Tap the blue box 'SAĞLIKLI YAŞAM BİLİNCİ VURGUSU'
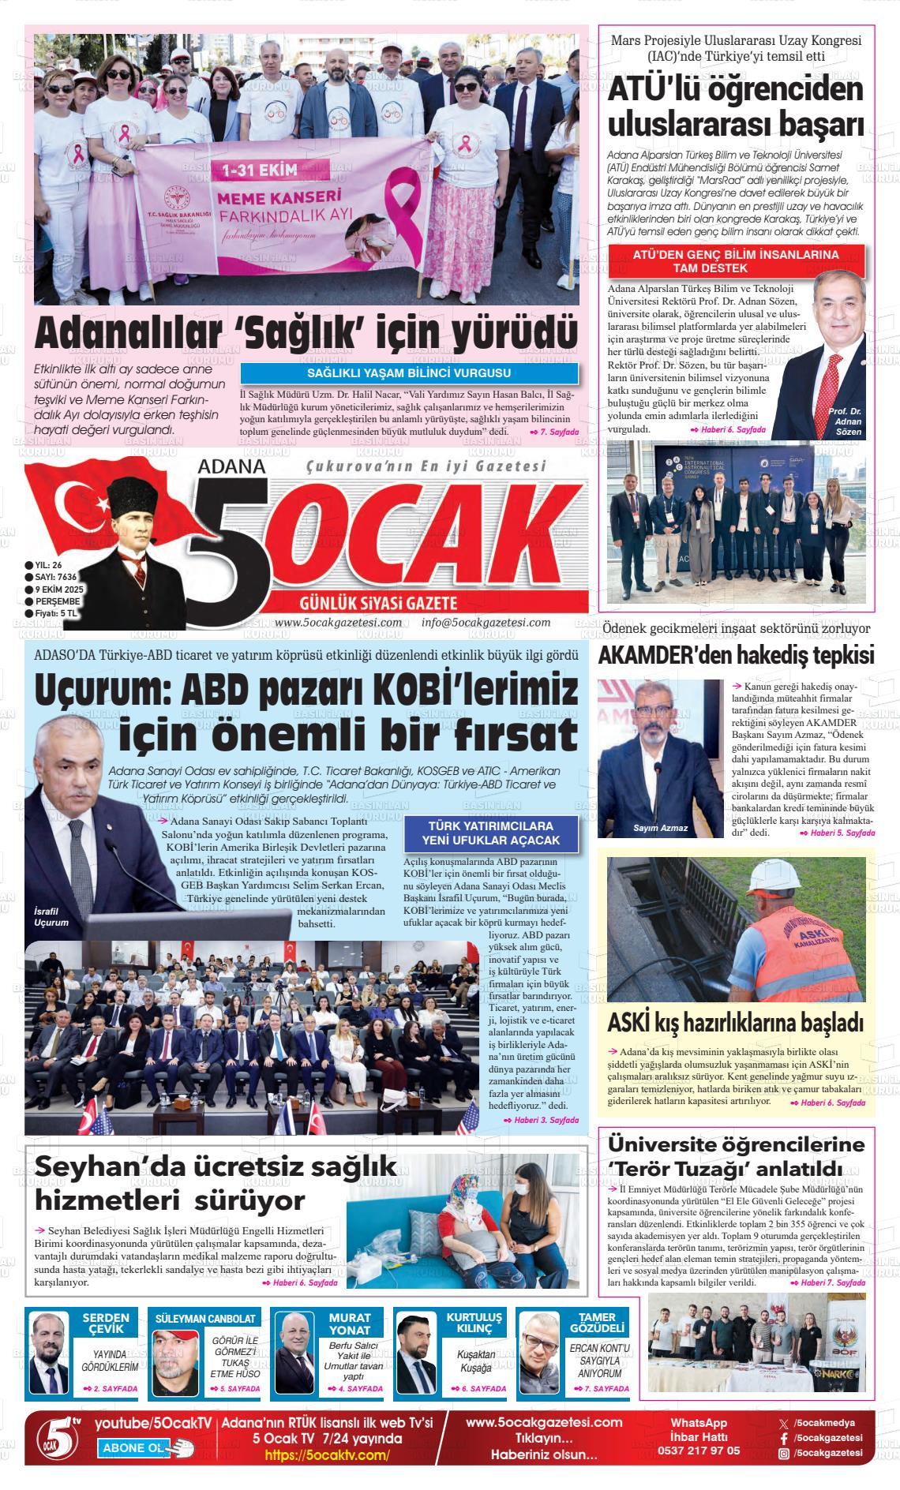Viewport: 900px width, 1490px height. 408,373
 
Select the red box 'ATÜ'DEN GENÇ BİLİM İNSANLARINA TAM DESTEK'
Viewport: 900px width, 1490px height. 736,261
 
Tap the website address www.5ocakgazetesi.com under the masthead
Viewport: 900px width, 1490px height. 338,623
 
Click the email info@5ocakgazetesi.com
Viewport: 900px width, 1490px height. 486,623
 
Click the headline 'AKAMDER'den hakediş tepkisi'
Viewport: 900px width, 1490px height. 736,656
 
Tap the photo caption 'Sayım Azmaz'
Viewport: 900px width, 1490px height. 660,828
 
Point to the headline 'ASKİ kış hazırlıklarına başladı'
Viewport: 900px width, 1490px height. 736,1023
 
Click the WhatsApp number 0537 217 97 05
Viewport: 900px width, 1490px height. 699,1450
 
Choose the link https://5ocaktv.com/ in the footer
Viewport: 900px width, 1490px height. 327,1455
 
